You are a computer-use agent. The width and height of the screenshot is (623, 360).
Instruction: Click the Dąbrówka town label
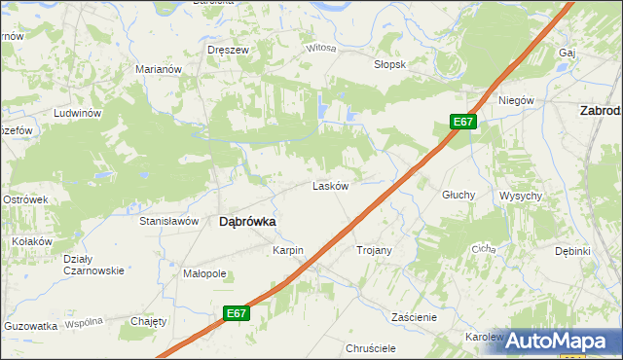247,221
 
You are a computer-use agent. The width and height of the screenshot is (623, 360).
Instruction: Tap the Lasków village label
330,186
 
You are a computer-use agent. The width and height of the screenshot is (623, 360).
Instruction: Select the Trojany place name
374,250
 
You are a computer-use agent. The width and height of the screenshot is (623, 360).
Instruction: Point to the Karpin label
288,250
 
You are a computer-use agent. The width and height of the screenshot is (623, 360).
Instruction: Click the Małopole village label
204,273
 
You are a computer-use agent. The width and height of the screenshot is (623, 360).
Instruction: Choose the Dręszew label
223,49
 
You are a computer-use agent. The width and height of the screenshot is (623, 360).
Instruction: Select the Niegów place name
517,100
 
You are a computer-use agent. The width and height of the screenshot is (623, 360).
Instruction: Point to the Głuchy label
458,195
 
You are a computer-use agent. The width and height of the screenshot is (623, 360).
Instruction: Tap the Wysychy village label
521,196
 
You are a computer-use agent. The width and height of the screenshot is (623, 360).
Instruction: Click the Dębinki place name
573,250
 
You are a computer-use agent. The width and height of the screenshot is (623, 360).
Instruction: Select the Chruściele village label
370,347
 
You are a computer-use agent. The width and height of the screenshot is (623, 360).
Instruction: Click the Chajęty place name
149,320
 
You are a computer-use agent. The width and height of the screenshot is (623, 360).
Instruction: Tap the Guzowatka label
29,327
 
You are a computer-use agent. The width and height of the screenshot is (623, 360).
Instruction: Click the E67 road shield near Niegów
463,122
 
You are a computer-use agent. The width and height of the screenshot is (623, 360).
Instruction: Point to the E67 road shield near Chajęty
235,312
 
